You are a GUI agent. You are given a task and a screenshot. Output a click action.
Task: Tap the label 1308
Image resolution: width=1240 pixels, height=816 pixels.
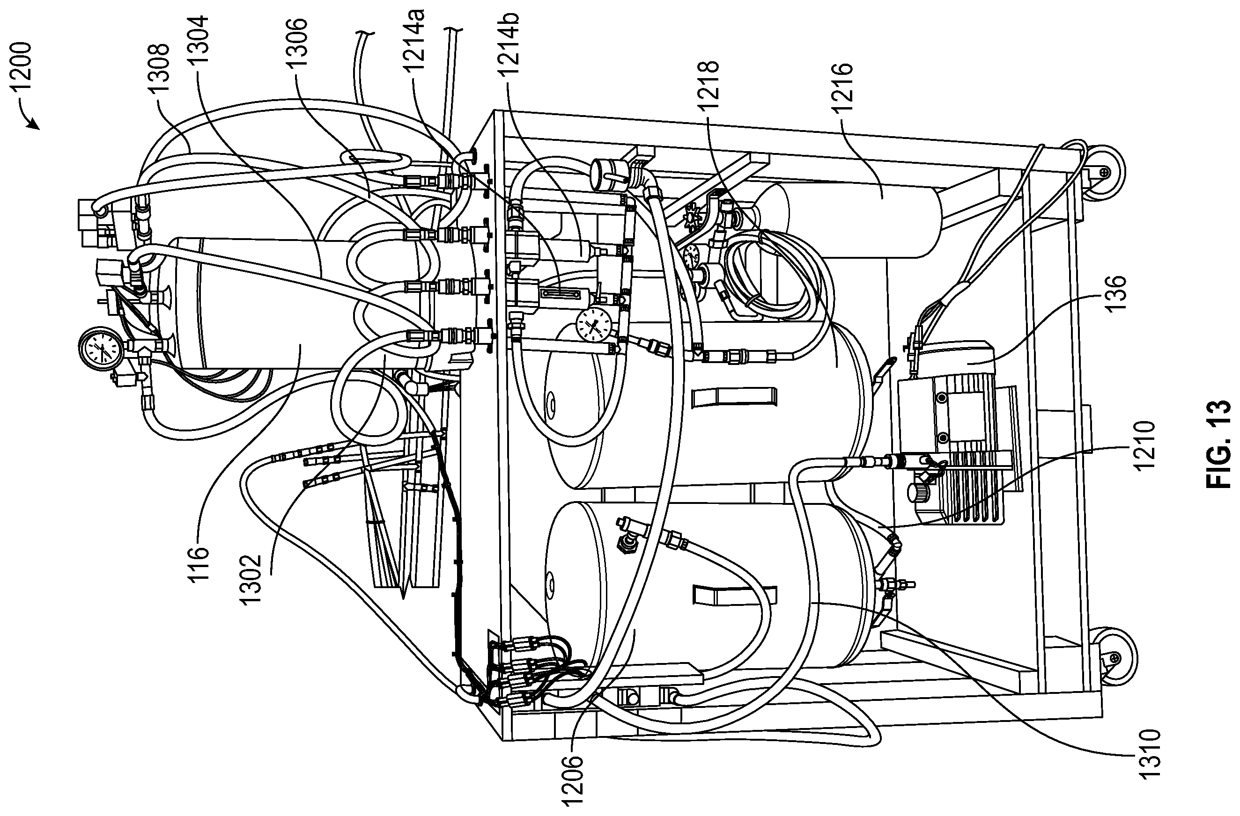(x=159, y=68)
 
